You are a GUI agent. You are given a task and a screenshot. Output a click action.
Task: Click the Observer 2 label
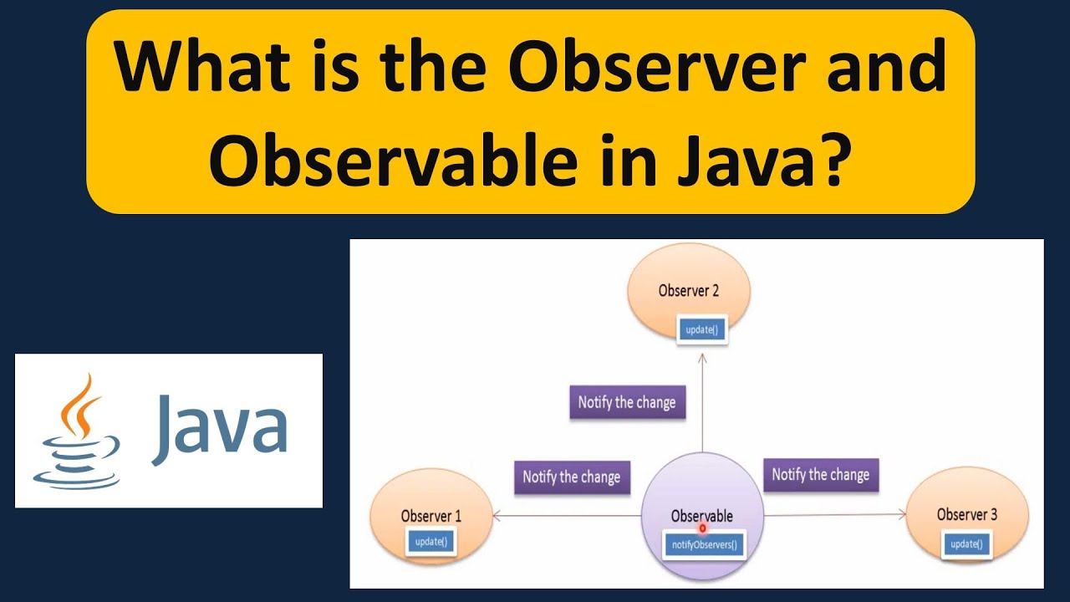pos(689,291)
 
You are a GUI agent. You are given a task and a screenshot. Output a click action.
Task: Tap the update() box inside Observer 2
pos(701,329)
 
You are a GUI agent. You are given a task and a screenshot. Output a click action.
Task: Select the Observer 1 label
pos(431,516)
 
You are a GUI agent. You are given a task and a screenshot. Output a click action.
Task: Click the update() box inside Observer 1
pos(431,542)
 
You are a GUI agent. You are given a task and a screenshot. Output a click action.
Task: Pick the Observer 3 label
pos(967,515)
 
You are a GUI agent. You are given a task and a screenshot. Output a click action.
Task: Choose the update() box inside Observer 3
pos(966,544)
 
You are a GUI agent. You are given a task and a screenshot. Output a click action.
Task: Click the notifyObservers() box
pos(705,546)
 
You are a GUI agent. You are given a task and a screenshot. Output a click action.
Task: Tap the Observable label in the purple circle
pos(702,517)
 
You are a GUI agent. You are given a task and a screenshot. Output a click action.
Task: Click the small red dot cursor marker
pos(702,528)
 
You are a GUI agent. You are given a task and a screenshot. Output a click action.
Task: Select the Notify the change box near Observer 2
pos(627,402)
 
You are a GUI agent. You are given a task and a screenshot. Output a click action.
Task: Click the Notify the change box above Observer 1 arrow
pos(572,477)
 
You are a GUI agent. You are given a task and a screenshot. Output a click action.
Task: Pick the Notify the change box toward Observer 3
pos(821,475)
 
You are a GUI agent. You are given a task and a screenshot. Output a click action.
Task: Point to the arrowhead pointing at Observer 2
pos(703,357)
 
